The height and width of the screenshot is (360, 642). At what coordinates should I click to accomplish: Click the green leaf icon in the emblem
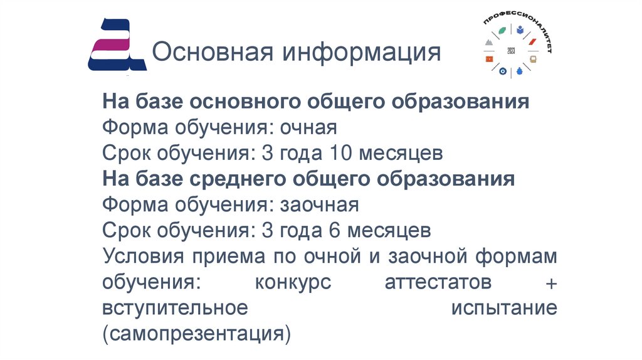point(502,30)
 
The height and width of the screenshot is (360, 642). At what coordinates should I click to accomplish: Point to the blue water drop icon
point(518,71)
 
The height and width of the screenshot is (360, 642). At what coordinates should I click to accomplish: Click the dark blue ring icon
point(502,71)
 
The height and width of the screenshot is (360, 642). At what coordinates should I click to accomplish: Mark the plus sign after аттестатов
point(550,283)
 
